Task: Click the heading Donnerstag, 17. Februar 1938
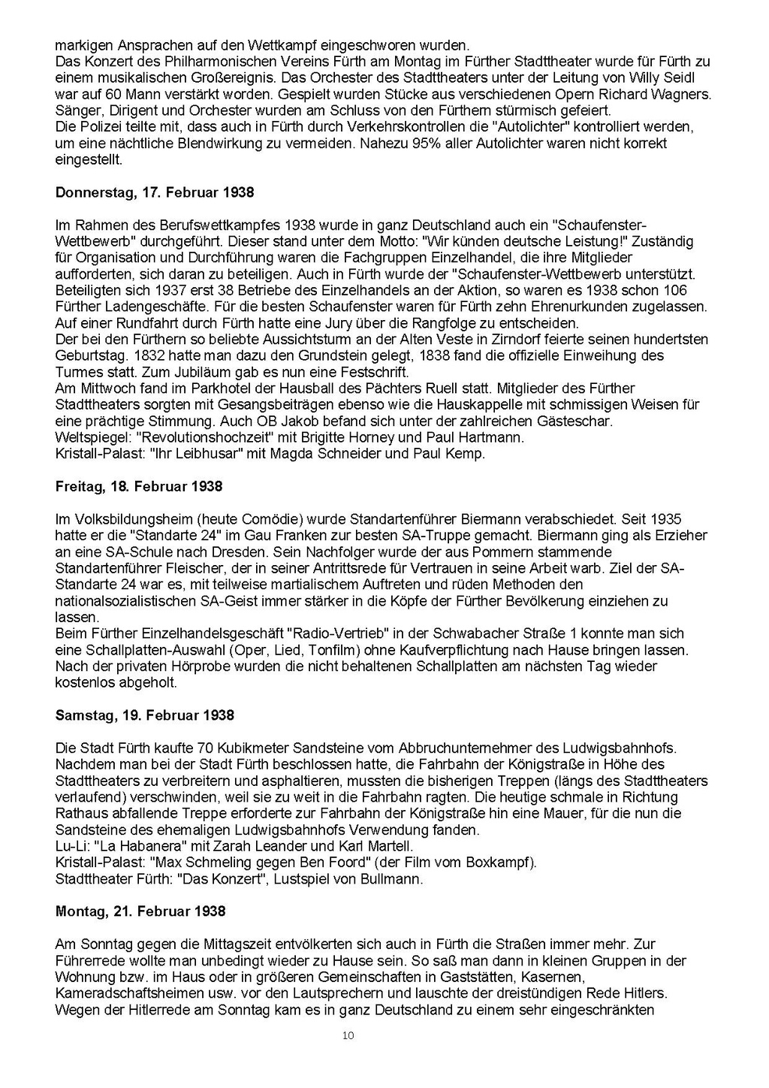(x=155, y=192)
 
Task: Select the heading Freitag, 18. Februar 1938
(x=139, y=486)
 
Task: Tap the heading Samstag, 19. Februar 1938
(x=145, y=715)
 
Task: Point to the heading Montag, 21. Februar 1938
(x=140, y=911)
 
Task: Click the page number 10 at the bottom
(x=348, y=1035)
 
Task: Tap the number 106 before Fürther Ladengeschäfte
(x=675, y=290)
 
